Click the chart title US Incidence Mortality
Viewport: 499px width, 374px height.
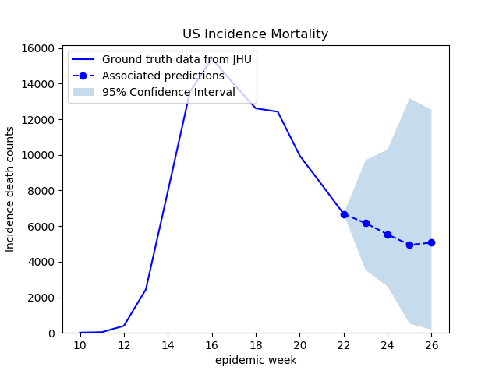click(255, 34)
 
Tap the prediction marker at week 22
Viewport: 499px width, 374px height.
click(344, 215)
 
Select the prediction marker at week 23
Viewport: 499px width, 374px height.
click(366, 224)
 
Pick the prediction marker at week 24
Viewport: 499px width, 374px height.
click(388, 235)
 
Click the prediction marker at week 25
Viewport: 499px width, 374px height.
click(409, 245)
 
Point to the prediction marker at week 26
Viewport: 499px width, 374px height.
click(431, 242)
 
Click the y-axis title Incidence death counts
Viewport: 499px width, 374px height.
click(10, 189)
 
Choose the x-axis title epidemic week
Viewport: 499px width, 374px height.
click(256, 360)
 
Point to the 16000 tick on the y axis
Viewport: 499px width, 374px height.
click(38, 48)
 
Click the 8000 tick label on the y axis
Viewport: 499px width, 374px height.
click(41, 191)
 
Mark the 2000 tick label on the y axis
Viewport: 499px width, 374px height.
click(41, 298)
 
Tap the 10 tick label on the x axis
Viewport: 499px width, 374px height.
click(80, 345)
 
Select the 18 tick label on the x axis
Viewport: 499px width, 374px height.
click(256, 345)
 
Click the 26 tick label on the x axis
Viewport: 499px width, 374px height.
click(431, 345)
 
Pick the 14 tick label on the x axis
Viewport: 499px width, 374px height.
click(168, 345)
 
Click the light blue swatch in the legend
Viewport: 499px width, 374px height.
click(83, 92)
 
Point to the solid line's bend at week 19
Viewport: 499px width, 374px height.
click(278, 111)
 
